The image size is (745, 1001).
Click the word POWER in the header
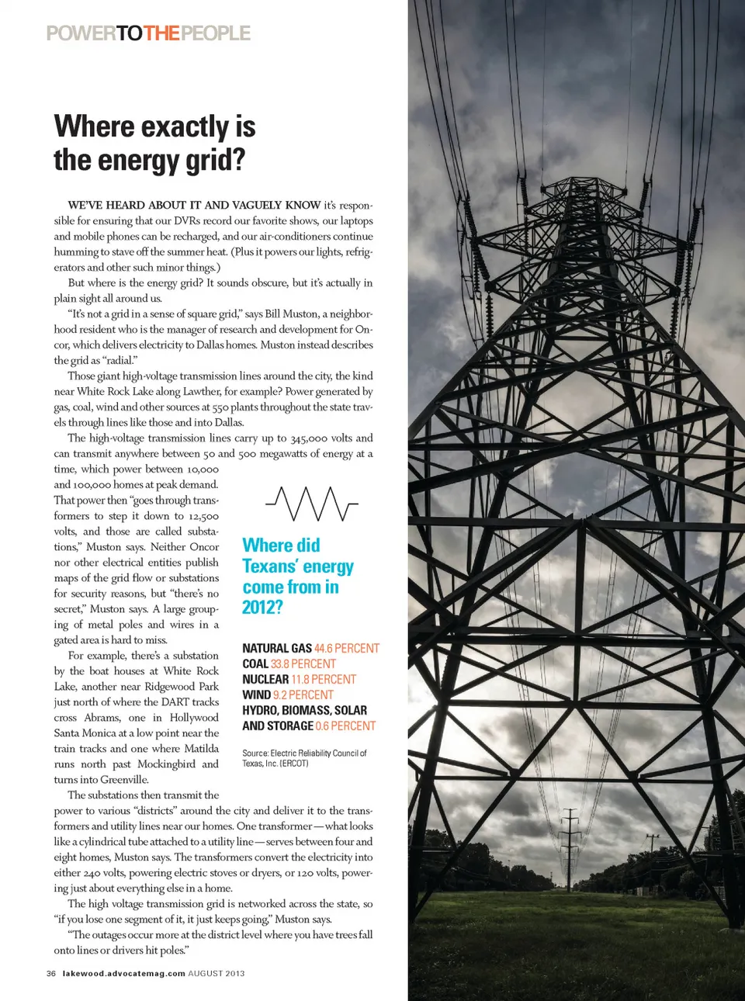(81, 33)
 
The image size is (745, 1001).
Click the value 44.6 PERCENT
(347, 649)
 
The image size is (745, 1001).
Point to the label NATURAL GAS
(276, 649)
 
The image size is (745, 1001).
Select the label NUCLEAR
(265, 680)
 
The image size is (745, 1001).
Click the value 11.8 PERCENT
(324, 680)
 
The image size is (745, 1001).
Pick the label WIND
(256, 695)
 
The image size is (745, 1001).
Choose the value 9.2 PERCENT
(303, 695)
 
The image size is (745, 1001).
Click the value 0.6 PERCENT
(345, 726)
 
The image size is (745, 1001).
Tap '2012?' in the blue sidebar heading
(262, 608)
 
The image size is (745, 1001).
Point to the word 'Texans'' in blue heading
(270, 566)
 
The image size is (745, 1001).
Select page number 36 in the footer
(51, 973)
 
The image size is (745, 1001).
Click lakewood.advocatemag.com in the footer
(123, 973)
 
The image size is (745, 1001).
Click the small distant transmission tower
(570, 842)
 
